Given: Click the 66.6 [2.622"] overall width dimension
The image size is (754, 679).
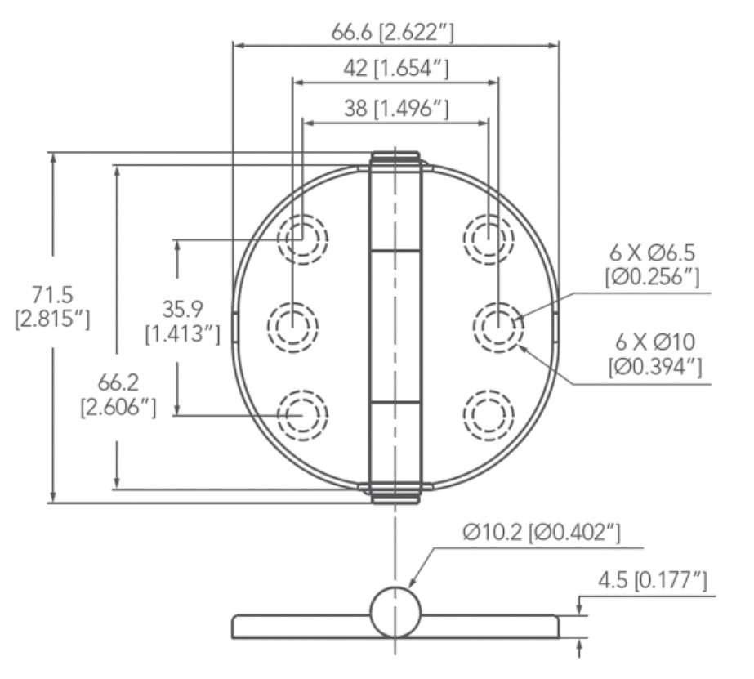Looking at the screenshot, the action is (x=392, y=33).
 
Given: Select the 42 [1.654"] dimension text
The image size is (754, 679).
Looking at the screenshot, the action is (x=395, y=69).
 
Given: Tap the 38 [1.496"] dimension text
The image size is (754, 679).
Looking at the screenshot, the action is (x=396, y=109).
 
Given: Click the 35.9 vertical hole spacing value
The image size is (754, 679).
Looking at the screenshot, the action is (x=182, y=309).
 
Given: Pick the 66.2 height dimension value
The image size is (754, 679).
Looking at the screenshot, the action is (x=118, y=382).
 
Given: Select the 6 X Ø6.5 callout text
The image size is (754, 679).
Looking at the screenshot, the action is (x=652, y=252).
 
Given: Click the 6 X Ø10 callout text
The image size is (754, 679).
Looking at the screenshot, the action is (x=655, y=342).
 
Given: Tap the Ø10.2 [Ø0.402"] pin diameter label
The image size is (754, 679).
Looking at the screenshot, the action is (x=542, y=532).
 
